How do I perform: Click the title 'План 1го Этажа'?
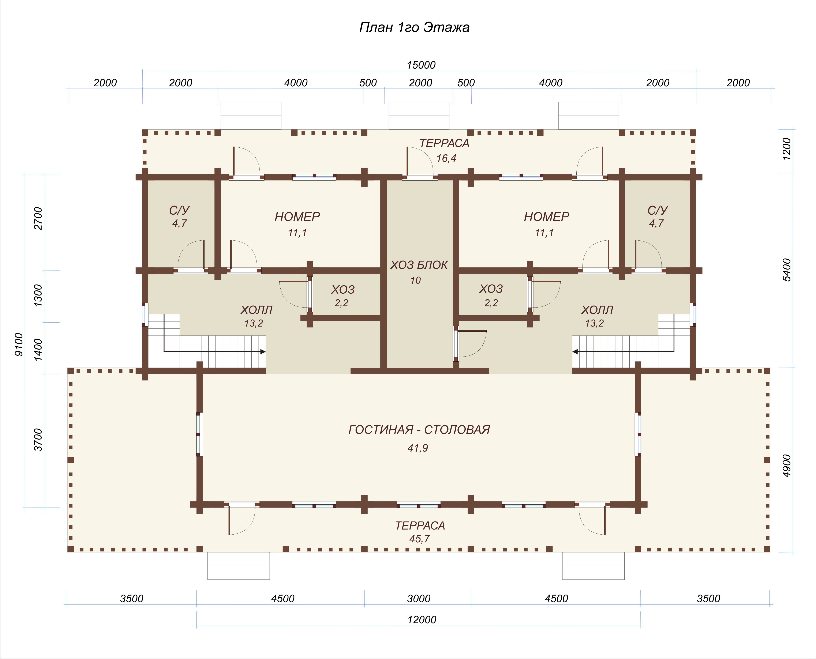point(414,27)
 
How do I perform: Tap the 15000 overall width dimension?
point(421,65)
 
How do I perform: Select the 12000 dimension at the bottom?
point(422,620)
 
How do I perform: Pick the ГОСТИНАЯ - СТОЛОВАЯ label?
point(419,429)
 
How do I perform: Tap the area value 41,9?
point(418,448)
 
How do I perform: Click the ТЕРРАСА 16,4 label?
point(444,150)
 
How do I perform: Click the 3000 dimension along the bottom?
point(419,599)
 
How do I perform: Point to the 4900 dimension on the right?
point(787,466)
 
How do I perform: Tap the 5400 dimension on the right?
point(787,270)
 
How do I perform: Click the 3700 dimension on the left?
point(38,440)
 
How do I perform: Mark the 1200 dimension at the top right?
point(787,149)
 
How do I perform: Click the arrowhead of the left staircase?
point(263,352)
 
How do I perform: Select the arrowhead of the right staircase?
point(575,352)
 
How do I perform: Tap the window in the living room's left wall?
point(199,434)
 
